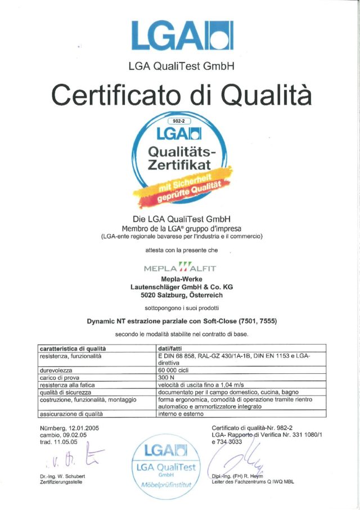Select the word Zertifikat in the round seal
178,165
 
